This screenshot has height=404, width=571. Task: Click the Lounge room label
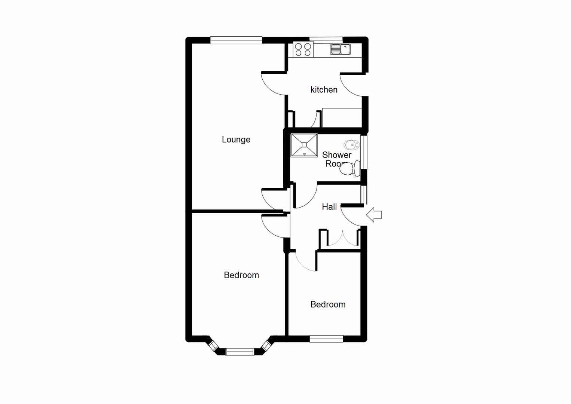[236, 140]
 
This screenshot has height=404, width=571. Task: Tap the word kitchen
[324, 90]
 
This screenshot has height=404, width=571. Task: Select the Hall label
[329, 207]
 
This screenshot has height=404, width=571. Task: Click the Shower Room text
[336, 159]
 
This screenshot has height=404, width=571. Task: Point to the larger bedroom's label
[241, 275]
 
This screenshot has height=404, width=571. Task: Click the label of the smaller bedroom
[328, 304]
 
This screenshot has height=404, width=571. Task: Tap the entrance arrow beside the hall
[374, 215]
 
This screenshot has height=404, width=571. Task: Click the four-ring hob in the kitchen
[303, 50]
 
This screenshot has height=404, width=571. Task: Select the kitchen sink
[341, 49]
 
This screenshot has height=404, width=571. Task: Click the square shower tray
[304, 145]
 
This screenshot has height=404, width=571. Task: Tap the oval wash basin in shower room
[351, 144]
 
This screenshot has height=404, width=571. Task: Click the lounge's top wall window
[236, 40]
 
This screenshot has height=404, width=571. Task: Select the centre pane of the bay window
[240, 352]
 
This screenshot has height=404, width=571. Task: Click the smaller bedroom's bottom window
[326, 339]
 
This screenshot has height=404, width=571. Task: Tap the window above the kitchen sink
[326, 39]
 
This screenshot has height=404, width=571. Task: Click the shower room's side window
[364, 152]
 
